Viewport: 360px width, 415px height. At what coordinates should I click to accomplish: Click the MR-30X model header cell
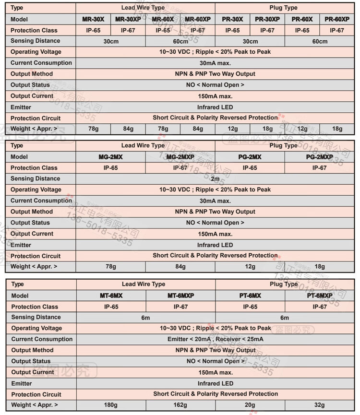coord(93,19)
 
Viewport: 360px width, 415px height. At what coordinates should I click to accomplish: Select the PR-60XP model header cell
coord(337,19)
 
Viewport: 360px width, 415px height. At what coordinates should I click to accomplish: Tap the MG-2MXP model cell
coord(180,157)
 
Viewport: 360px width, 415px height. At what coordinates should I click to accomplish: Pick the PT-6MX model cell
coord(250,296)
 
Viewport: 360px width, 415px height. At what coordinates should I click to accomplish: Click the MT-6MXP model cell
coord(180,296)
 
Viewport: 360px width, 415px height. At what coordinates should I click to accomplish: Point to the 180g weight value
coord(111,405)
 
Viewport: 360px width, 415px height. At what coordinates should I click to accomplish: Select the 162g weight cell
coord(180,405)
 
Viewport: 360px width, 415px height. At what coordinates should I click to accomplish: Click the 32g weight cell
coord(320,405)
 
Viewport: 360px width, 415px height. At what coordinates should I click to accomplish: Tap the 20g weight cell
coord(250,405)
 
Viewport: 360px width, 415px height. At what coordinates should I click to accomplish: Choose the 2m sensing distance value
coord(215,179)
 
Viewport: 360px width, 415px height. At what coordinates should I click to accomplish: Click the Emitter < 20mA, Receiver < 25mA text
coord(215,339)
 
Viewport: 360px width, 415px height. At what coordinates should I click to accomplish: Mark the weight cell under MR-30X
coord(93,129)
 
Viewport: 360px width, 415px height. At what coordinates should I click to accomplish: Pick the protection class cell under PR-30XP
coord(267,30)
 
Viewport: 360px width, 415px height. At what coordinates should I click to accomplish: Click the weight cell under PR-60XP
coord(337,129)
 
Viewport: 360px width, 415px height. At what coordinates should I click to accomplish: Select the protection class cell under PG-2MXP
coord(320,168)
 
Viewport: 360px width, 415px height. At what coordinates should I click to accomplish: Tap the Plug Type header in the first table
coord(284,8)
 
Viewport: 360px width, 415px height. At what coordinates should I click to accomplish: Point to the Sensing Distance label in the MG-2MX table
coord(36,178)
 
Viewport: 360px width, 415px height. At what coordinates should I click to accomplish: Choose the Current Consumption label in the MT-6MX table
coord(42,339)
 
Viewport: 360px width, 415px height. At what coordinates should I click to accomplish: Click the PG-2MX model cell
coord(250,157)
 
